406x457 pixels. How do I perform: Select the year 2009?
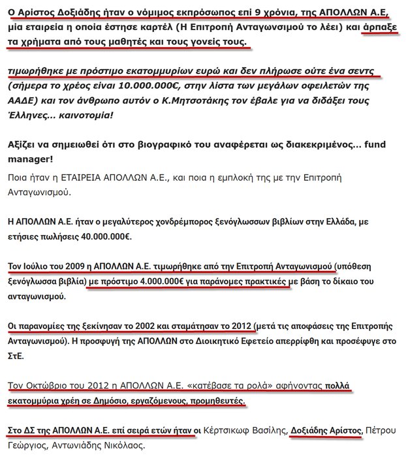66,267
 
